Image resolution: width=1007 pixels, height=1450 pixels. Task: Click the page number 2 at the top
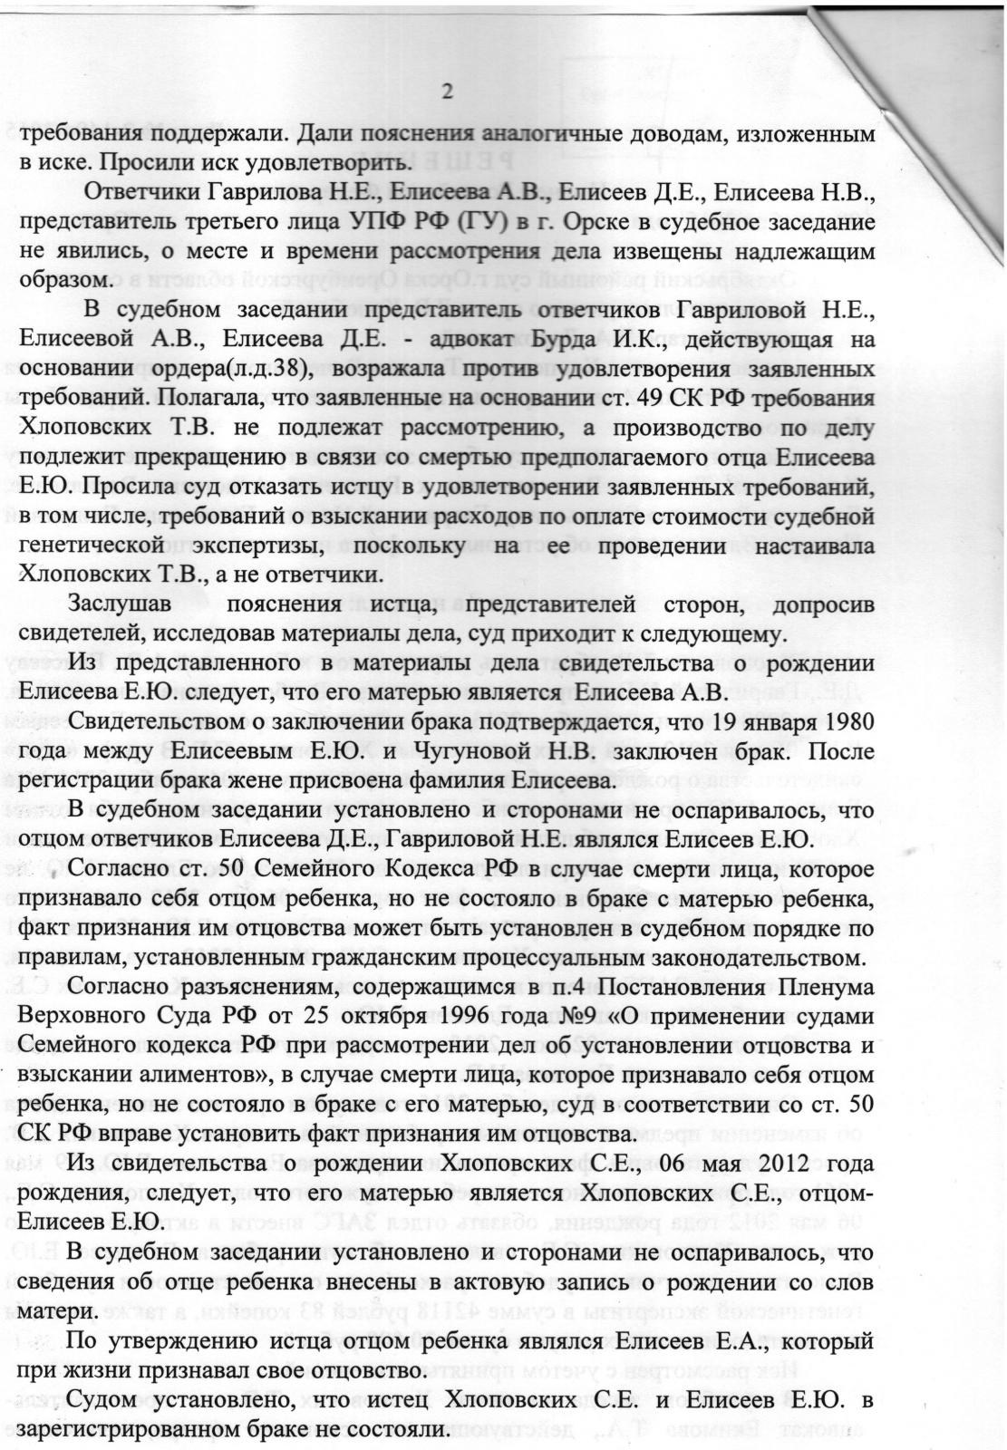click(446, 91)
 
